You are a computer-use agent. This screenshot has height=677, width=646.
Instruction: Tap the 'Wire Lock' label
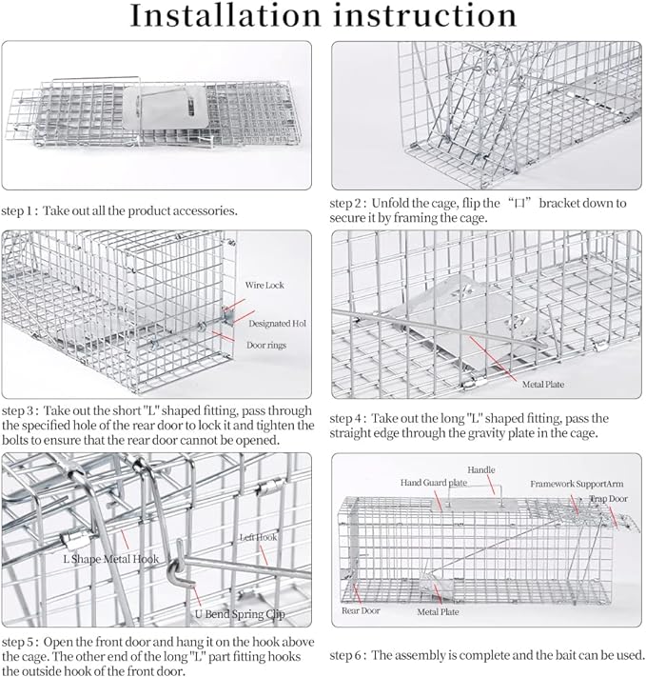point(265,285)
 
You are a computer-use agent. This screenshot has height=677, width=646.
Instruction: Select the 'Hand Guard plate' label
point(434,483)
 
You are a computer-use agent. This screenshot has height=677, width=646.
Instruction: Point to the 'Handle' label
point(481,470)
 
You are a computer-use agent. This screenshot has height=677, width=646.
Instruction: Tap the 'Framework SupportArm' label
point(571,483)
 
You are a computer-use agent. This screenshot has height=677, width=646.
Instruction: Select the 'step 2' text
point(350,203)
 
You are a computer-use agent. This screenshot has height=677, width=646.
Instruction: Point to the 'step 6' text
point(350,655)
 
